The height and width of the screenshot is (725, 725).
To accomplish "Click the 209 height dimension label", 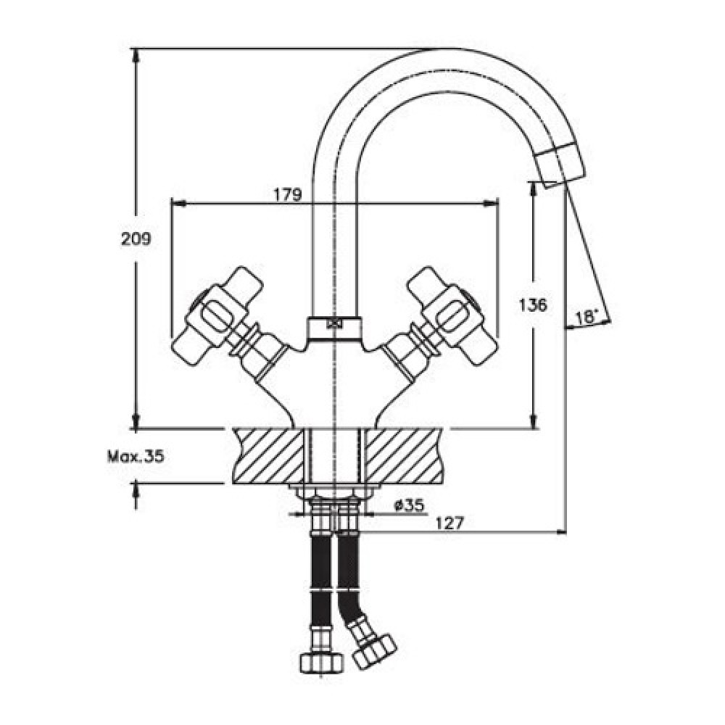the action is click(136, 239).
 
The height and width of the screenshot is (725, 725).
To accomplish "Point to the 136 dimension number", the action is click(533, 304).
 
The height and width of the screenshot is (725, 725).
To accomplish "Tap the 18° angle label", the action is click(587, 318).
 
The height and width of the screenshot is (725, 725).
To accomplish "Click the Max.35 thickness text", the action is click(136, 457).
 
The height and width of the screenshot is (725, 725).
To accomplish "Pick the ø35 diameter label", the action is click(409, 505).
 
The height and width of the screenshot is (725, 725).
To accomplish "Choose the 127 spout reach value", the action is click(449, 523).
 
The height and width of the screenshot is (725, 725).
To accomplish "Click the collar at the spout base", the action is click(334, 328).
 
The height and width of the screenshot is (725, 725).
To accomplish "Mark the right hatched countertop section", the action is click(402, 456).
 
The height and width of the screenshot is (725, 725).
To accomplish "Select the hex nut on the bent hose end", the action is click(375, 651).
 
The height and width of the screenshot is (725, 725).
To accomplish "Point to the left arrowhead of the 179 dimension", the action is click(179, 203).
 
